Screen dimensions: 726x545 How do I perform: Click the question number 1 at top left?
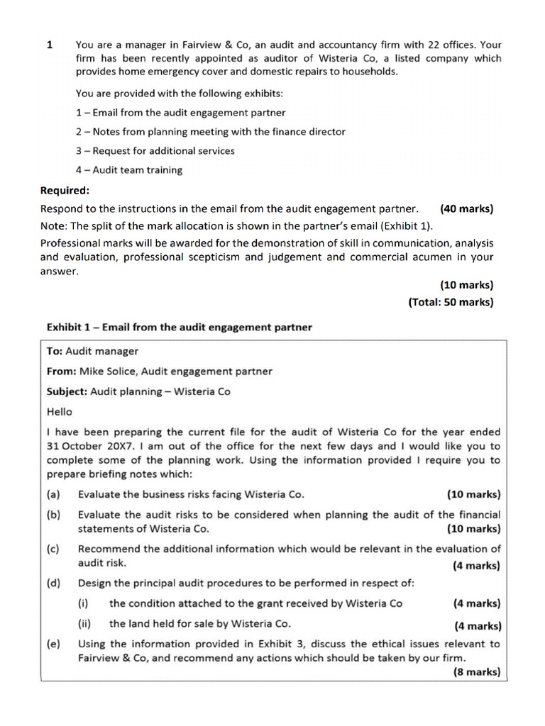[50, 44]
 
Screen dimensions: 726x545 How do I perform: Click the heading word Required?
[65, 190]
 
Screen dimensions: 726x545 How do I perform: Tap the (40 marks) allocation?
[466, 208]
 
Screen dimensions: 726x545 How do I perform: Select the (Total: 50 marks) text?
[451, 301]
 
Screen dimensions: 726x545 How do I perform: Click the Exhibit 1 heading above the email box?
[179, 327]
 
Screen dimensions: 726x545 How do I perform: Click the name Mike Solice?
[106, 371]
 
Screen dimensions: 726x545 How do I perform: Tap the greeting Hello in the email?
[59, 411]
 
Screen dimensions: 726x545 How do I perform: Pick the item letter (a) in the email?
[53, 494]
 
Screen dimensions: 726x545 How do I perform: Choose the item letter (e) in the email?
[53, 644]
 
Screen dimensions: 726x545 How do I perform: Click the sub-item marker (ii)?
[85, 624]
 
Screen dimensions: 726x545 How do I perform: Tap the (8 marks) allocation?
[476, 672]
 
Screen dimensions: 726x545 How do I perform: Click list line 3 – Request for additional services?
[155, 150]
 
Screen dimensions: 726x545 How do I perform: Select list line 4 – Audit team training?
[128, 169]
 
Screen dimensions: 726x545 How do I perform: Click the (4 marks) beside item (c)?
[475, 566]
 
